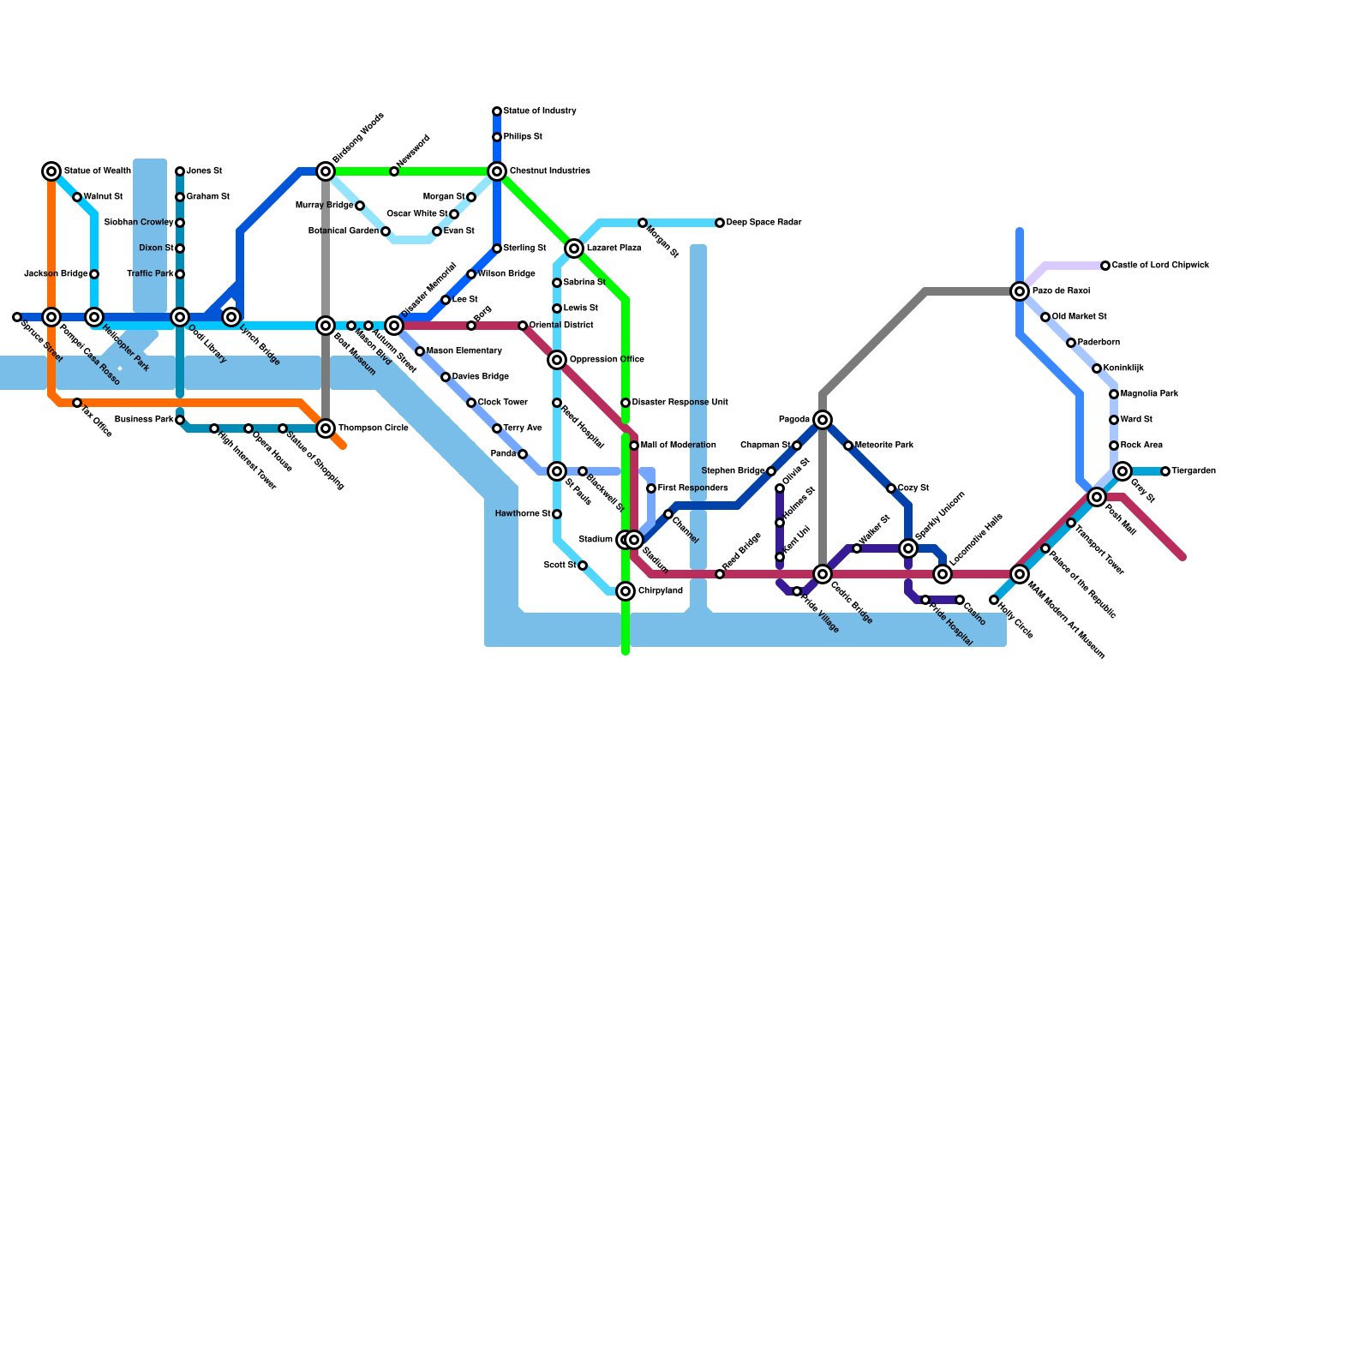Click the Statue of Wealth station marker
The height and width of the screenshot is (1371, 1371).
point(51,171)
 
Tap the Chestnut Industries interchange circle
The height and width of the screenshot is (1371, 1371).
point(497,171)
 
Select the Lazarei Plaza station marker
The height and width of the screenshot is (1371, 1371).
point(574,248)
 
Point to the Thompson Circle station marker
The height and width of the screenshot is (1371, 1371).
point(326,428)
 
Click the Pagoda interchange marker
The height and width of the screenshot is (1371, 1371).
point(823,420)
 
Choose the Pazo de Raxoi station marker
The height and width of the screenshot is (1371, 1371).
point(1020,291)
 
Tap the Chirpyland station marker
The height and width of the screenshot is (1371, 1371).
point(626,591)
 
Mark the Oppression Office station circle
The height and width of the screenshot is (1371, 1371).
point(557,360)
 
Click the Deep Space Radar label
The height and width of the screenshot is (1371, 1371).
point(763,223)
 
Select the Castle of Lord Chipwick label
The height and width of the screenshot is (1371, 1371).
point(1160,266)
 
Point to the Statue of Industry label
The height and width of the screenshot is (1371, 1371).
point(540,111)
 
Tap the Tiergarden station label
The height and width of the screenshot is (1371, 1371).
point(1194,471)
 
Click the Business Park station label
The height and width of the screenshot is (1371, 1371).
point(144,420)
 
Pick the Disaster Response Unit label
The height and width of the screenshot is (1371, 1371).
point(680,403)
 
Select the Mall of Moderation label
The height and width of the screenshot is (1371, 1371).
point(678,446)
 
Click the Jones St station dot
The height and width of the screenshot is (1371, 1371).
point(180,171)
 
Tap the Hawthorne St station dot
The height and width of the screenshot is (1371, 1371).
point(557,514)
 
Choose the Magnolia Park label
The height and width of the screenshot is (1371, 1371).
point(1149,394)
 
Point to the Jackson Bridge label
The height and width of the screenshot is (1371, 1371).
point(56,274)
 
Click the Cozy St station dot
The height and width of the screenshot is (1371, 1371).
point(891,488)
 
